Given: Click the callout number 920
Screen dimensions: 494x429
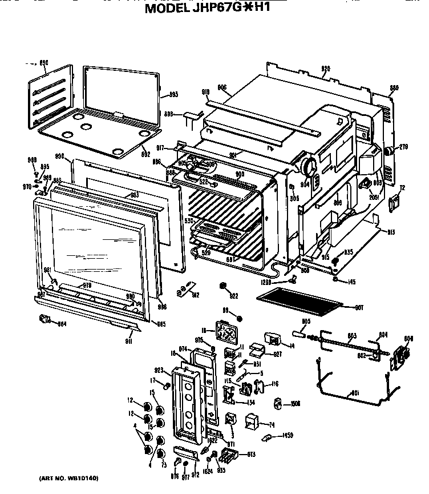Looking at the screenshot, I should [x=325, y=69].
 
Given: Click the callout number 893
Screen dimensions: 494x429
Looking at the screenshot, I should [x=174, y=94].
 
